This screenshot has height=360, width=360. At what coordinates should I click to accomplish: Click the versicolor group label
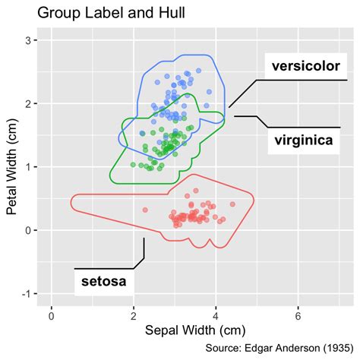tap(305, 66)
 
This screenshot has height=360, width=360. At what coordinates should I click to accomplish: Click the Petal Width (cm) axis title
tap(13, 169)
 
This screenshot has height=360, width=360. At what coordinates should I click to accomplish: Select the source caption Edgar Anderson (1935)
tap(279, 349)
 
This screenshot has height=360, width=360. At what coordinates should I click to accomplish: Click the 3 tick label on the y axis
tap(27, 39)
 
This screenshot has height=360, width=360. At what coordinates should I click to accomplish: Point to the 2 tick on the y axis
tap(27, 103)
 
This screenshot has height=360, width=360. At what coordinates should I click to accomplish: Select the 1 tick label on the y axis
tap(27, 166)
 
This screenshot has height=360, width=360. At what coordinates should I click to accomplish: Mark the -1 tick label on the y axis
tap(25, 294)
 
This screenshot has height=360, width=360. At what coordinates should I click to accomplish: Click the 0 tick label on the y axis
tap(27, 230)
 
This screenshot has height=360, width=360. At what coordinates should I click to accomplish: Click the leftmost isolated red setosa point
tap(145, 210)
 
